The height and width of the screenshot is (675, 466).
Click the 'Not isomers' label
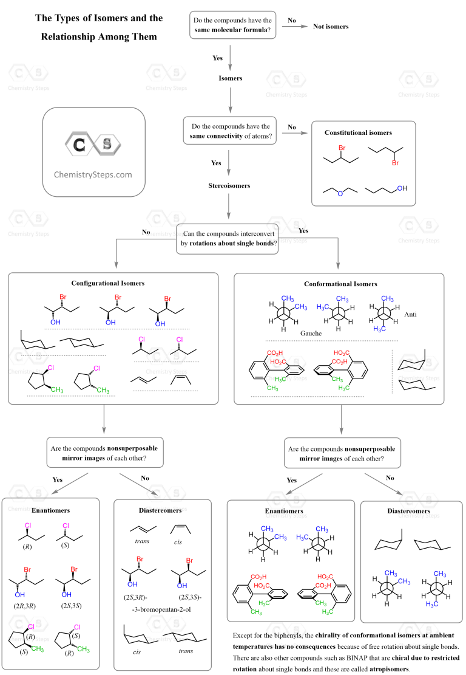330,27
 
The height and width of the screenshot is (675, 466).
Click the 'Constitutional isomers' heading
358,132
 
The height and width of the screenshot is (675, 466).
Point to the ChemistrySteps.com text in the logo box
93,174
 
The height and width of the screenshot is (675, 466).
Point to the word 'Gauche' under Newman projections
311,334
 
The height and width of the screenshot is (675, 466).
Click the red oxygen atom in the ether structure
340,193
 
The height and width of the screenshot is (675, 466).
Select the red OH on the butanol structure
402,189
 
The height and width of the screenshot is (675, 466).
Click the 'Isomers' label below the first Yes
231,78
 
